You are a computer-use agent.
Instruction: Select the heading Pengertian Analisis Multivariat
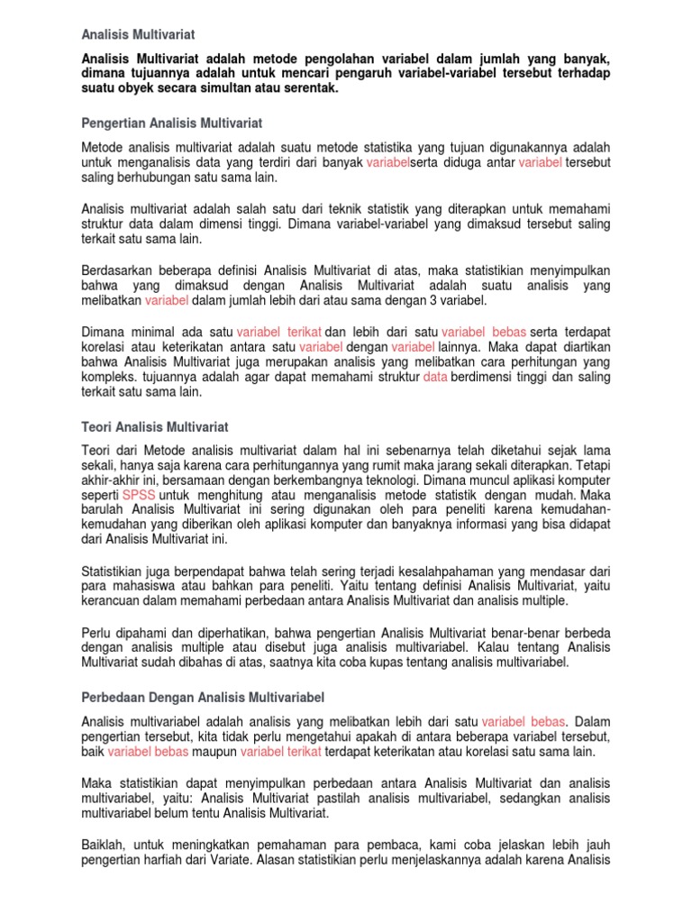171,122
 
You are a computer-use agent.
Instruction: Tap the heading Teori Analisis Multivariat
155,425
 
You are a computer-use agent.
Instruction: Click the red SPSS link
139,496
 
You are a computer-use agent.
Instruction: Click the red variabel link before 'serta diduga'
387,161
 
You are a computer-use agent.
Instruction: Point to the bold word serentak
311,90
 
